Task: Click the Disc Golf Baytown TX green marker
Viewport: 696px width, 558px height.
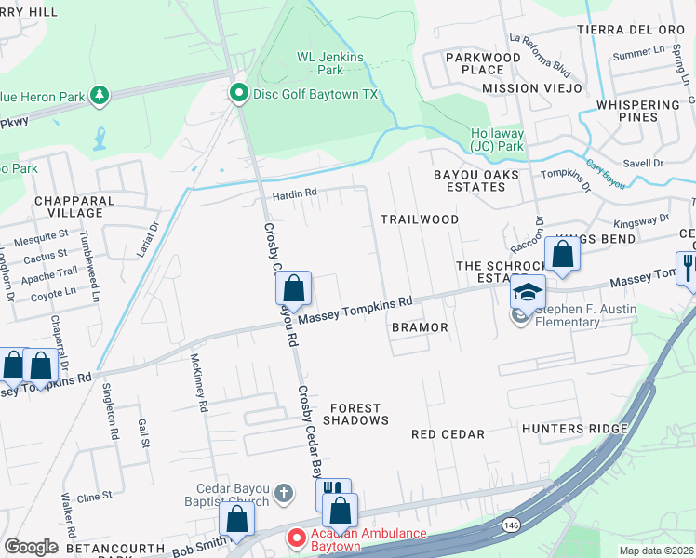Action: (x=238, y=93)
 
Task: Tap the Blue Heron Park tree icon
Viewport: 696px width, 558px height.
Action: (x=98, y=94)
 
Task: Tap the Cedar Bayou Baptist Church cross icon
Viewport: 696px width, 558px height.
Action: (x=285, y=491)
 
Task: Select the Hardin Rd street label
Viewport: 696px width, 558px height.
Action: (x=295, y=193)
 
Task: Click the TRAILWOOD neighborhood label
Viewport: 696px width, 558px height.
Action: (x=420, y=219)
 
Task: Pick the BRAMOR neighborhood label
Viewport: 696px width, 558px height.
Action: (x=420, y=327)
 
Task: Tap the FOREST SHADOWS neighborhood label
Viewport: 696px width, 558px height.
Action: (x=355, y=414)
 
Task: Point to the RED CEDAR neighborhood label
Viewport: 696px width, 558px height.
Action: (x=448, y=434)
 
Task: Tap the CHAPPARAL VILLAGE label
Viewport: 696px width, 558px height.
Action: (x=74, y=206)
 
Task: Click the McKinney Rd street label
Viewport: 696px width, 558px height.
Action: (x=197, y=382)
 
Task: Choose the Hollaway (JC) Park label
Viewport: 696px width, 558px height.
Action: (x=497, y=139)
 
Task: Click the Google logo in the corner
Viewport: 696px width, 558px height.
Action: (x=31, y=547)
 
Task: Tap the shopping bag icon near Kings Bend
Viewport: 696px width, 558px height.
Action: (x=563, y=253)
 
